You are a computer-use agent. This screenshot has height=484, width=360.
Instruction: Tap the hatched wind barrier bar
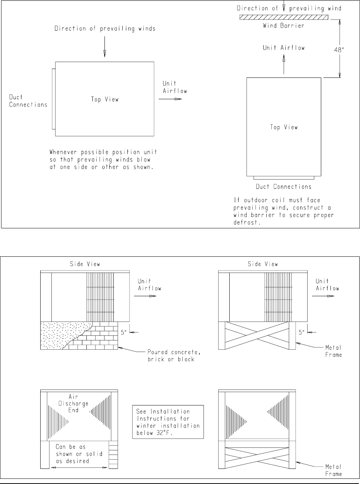pos(283,17)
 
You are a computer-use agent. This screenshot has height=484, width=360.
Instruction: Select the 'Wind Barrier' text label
pos(283,26)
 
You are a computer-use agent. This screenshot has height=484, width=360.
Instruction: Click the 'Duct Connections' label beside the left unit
pos(28,101)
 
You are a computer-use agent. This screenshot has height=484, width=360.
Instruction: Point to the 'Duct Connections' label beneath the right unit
pos(284,187)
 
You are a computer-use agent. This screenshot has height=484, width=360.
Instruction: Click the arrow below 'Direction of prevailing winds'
pos(104,48)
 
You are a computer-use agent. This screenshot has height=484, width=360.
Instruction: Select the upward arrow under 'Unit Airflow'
pos(284,65)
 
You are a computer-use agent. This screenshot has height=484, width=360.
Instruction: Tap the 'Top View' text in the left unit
pos(105,99)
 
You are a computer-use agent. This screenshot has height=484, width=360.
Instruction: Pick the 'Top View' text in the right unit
pos(284,127)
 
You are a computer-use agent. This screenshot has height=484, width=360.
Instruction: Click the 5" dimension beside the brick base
pos(123,332)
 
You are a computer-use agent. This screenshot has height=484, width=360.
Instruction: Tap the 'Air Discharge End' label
pos(78,404)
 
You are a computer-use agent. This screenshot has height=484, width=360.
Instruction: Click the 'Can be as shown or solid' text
pos(76,454)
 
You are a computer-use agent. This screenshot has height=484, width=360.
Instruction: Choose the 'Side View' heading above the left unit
pos(85,264)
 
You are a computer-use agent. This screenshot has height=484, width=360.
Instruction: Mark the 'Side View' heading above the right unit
pos(263,264)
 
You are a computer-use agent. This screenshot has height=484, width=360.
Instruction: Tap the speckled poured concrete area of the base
pos(59,334)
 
